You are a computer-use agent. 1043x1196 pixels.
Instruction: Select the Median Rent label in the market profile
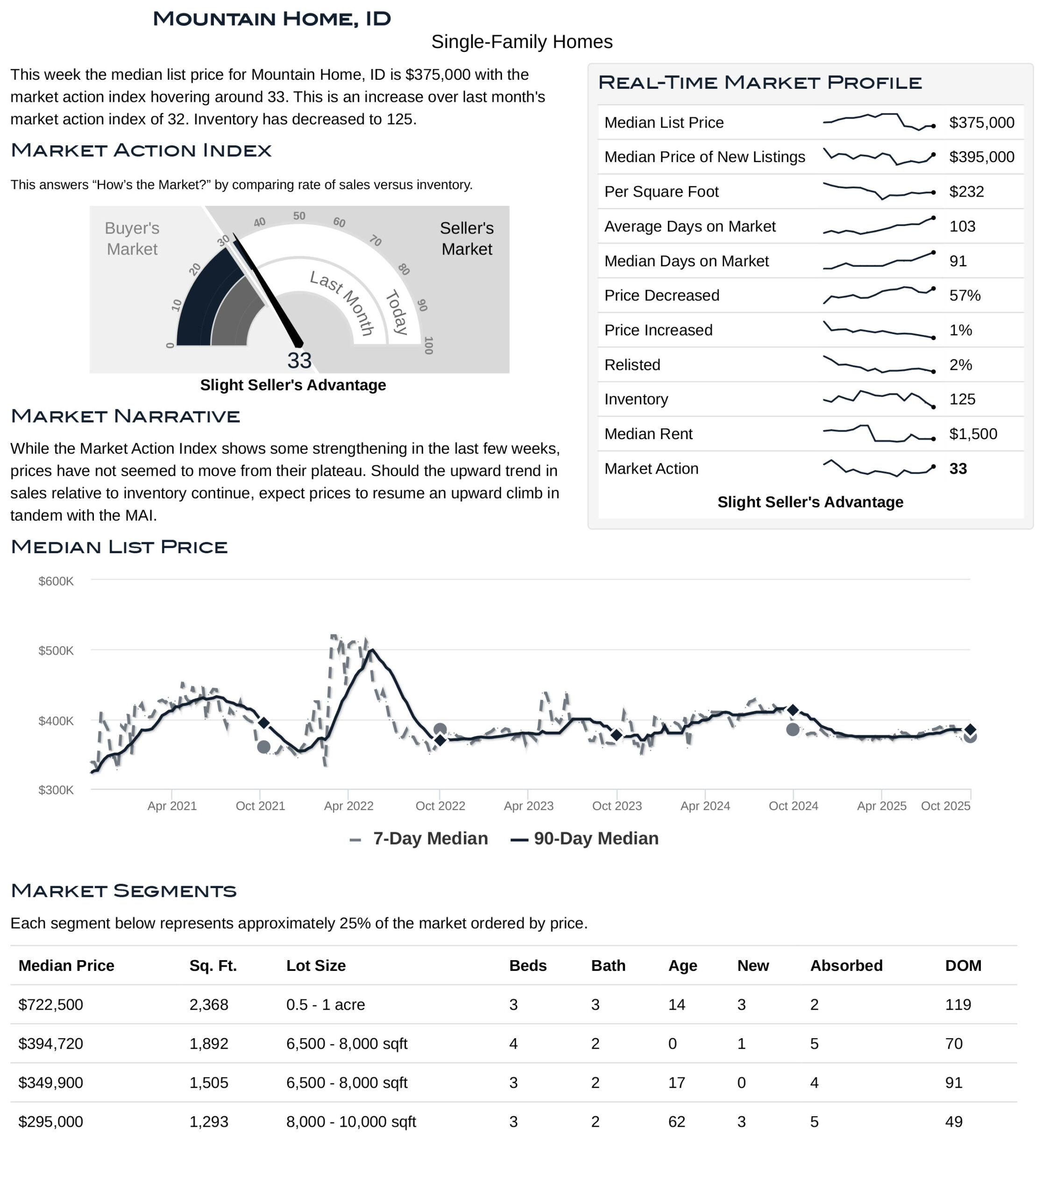pyautogui.click(x=648, y=434)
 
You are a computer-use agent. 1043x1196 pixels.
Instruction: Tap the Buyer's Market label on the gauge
pyautogui.click(x=132, y=239)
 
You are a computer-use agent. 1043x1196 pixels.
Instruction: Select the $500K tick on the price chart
pyautogui.click(x=56, y=651)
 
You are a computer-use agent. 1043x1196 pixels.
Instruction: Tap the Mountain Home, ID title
pyautogui.click(x=272, y=19)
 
